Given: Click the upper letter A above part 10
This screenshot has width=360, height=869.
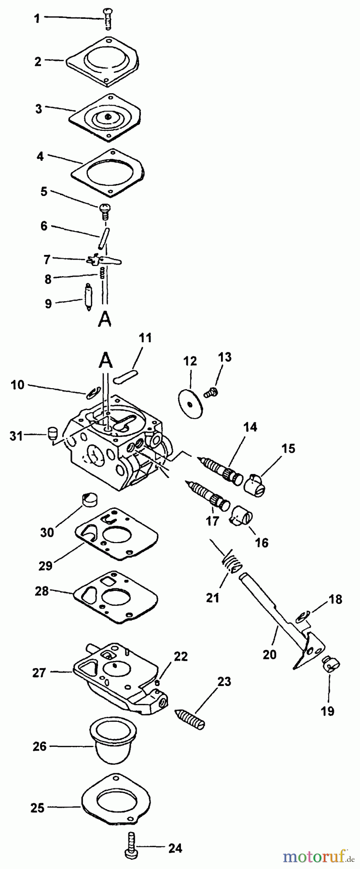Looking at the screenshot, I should (x=106, y=361).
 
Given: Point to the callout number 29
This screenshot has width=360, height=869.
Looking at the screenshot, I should (x=45, y=565).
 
